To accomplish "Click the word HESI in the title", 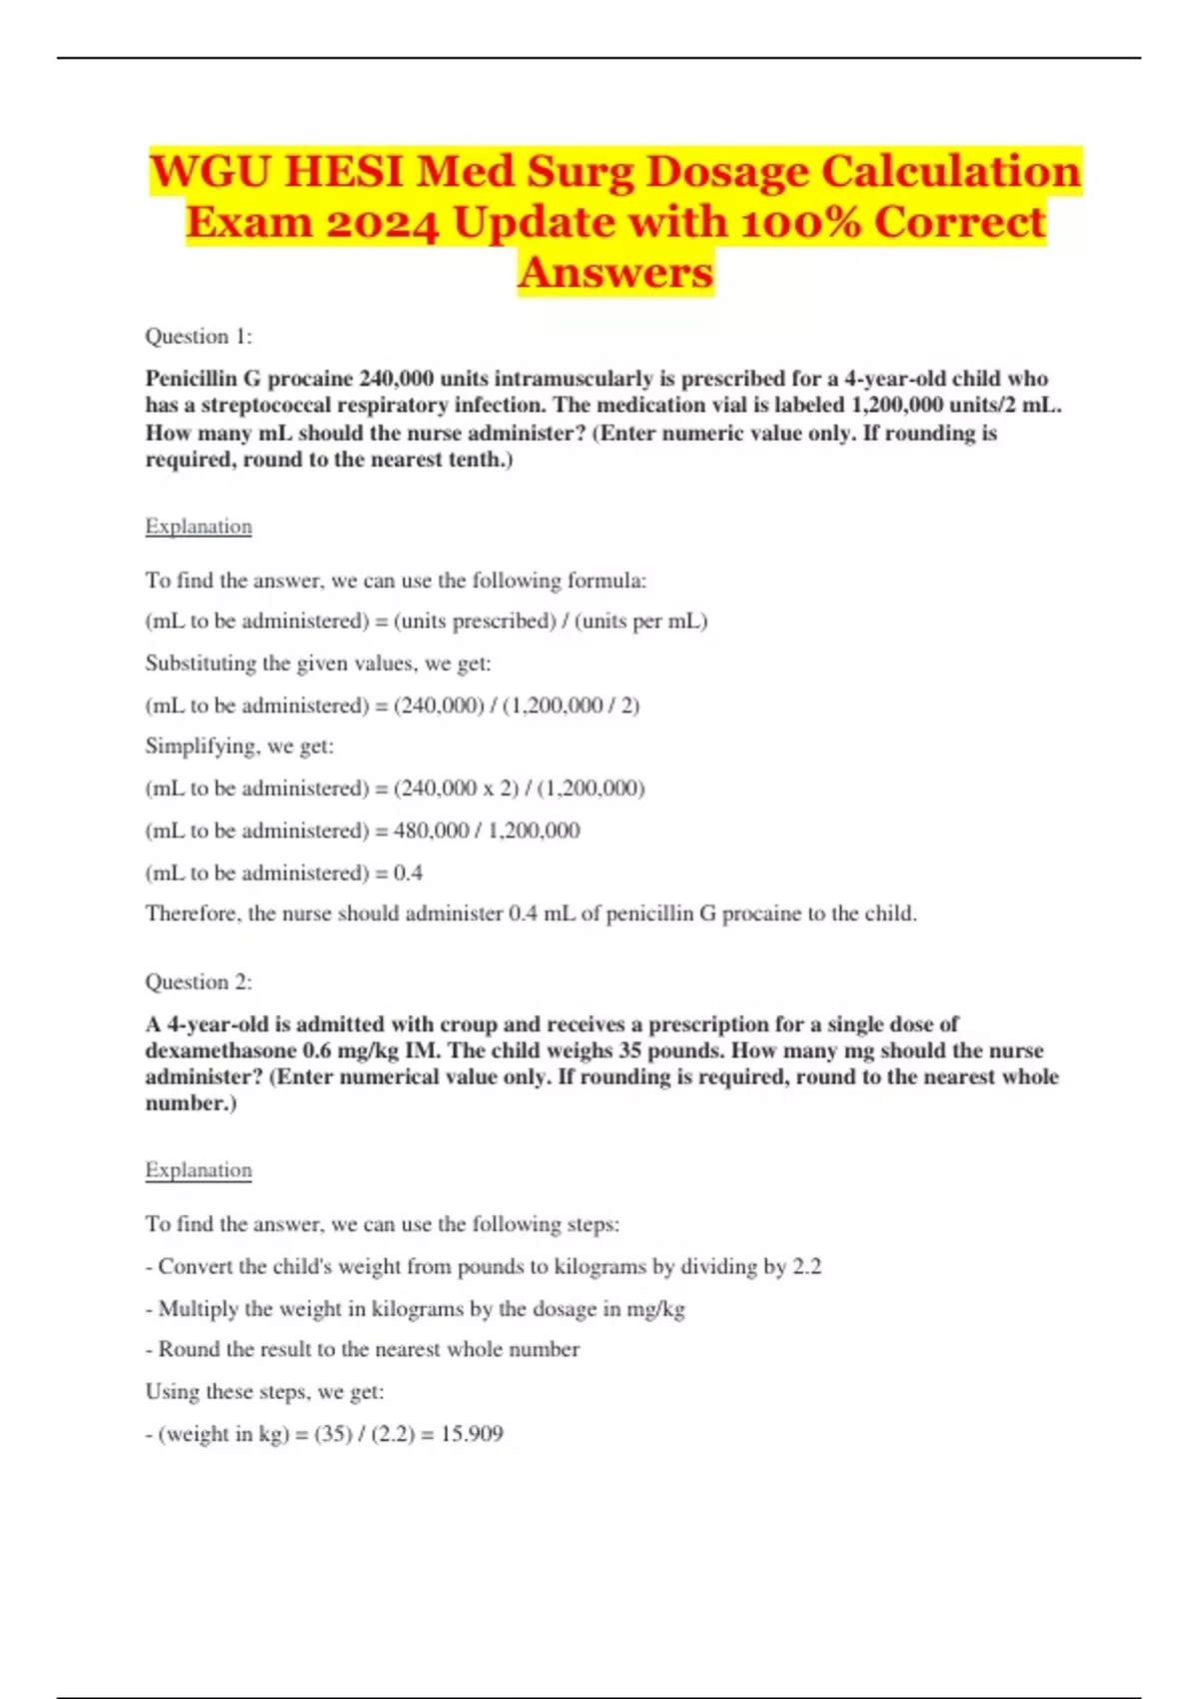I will click(343, 171).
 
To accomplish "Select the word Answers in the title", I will click(615, 272).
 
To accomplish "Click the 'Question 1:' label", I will click(198, 337).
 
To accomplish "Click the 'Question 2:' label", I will click(198, 982).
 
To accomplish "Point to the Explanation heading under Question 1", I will click(198, 527).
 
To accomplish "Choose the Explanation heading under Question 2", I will click(198, 1170).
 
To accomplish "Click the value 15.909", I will click(472, 1434).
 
